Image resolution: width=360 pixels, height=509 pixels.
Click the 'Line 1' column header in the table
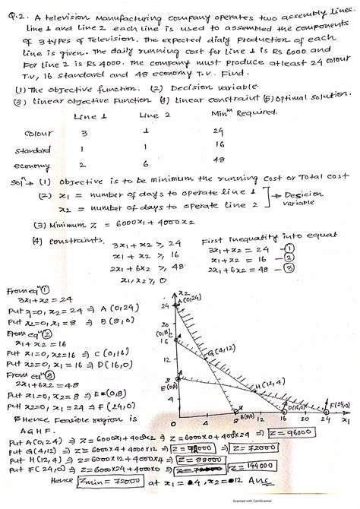point(85,116)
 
